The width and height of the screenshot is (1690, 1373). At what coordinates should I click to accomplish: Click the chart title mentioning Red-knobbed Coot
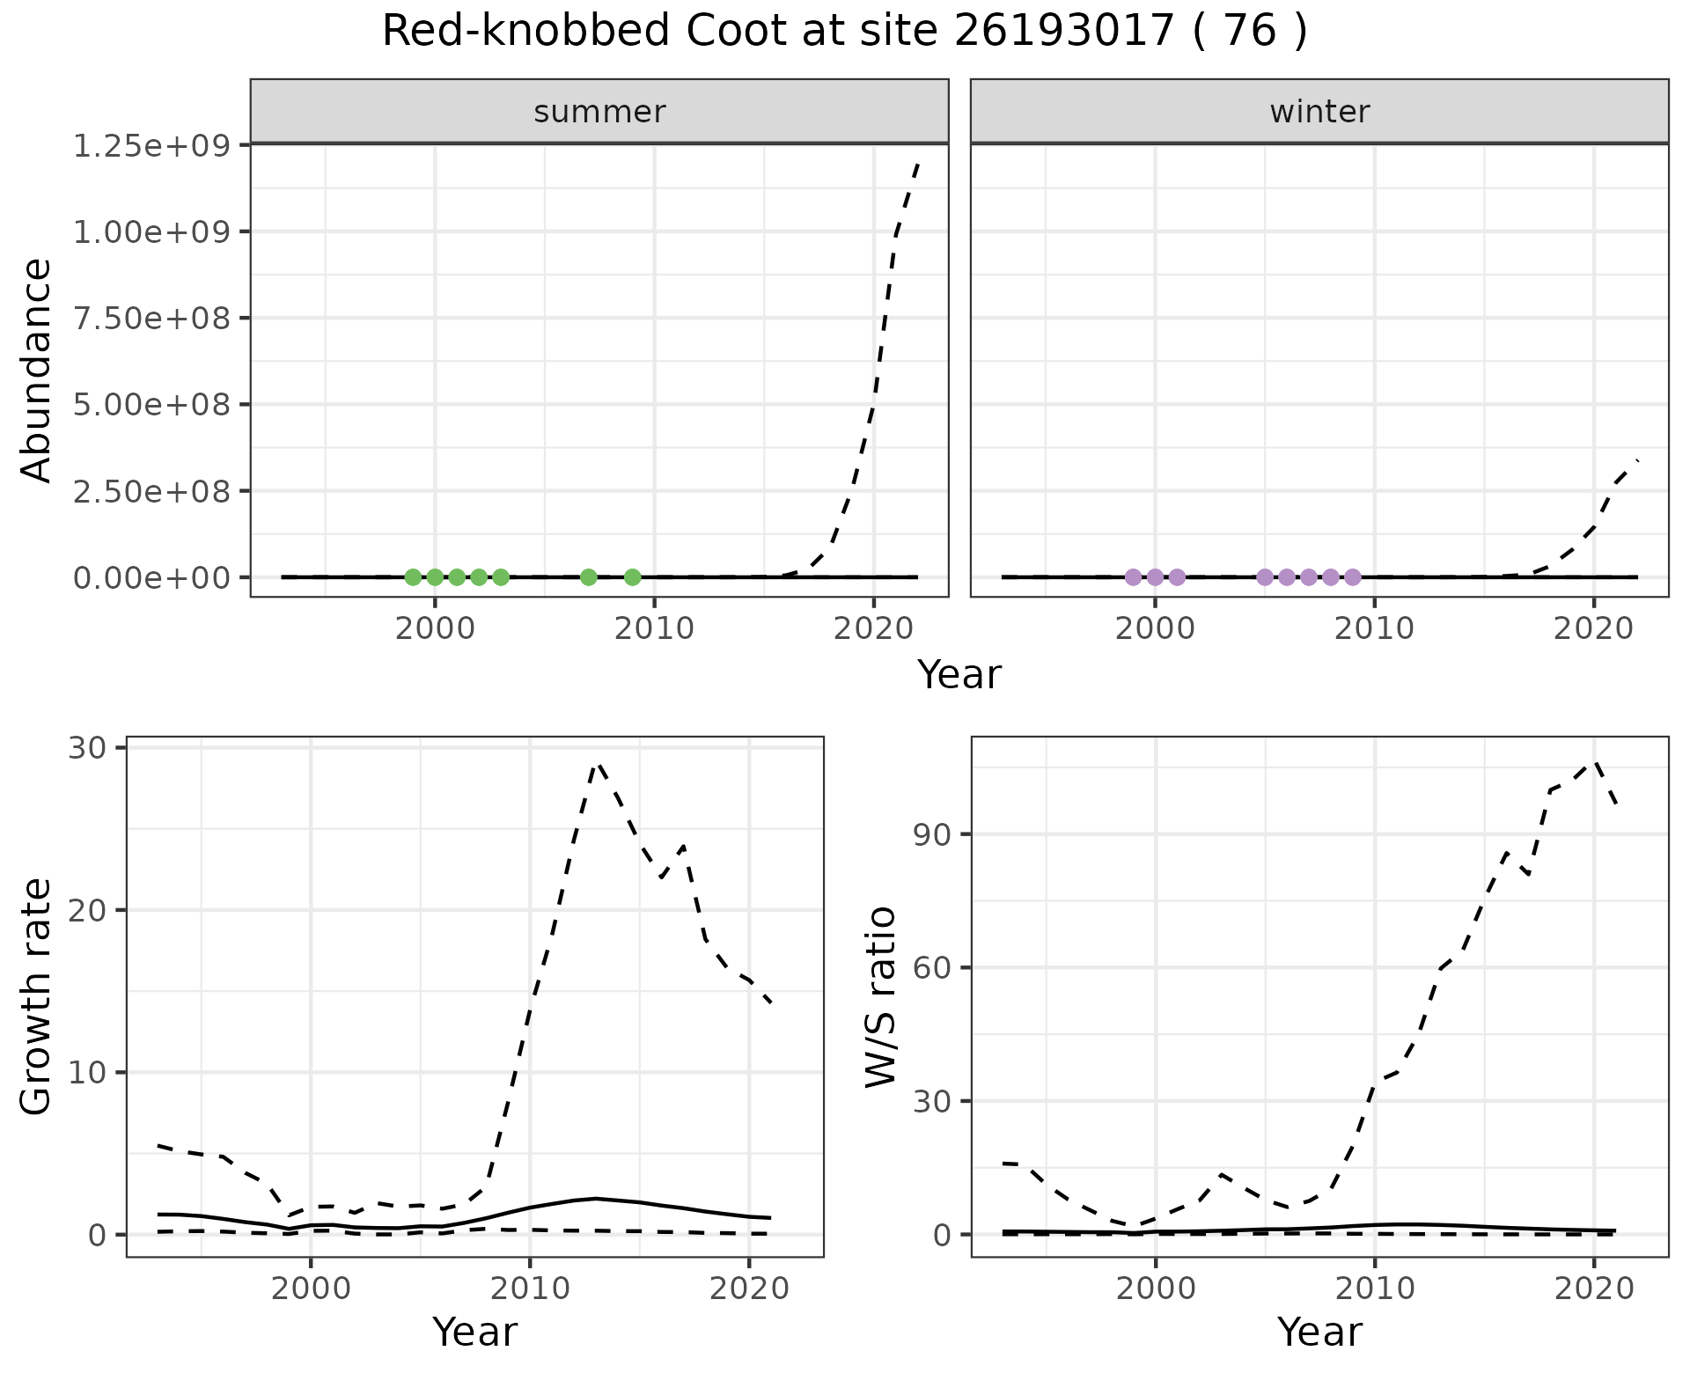click(844, 32)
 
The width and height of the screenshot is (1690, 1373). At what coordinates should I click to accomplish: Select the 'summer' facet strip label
click(599, 112)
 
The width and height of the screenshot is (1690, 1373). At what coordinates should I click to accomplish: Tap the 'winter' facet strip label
click(1319, 112)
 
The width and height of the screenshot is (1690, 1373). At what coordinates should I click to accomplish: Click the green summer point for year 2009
click(632, 577)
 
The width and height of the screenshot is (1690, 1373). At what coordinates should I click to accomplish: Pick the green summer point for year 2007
click(589, 577)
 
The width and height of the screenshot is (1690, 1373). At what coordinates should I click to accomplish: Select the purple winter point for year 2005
click(1265, 577)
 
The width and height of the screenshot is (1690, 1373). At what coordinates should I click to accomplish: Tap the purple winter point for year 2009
click(1353, 577)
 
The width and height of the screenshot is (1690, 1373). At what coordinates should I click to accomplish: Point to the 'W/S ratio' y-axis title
click(881, 996)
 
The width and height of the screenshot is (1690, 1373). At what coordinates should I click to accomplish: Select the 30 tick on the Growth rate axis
click(86, 748)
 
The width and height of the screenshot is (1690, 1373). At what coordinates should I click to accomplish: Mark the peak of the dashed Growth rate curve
click(598, 764)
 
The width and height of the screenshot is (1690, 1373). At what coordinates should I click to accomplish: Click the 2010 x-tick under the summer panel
click(654, 628)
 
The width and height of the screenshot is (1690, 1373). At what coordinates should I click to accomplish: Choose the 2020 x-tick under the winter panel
click(1594, 628)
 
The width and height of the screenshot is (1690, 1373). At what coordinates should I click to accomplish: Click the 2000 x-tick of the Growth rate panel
click(310, 1289)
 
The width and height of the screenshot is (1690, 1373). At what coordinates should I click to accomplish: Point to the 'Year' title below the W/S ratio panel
click(1319, 1333)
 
